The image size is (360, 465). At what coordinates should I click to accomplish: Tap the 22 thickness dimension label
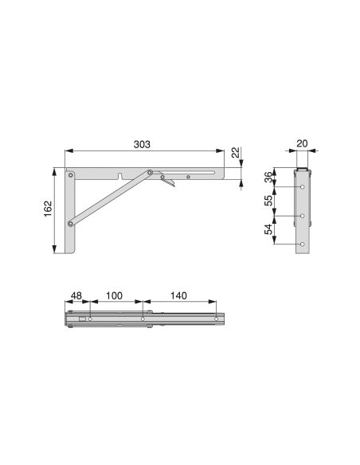236,152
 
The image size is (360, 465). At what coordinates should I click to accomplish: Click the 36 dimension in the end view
269,178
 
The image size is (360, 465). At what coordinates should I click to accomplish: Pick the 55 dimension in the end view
269,201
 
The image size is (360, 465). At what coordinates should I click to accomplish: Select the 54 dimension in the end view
269,231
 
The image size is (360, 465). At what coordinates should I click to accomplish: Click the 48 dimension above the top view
77,295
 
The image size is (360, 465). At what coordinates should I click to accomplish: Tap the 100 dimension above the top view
114,295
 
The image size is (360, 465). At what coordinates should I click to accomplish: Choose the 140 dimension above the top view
178,295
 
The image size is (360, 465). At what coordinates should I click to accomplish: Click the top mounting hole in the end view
303,187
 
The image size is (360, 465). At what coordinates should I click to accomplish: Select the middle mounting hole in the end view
303,216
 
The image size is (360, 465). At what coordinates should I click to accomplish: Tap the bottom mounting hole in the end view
303,244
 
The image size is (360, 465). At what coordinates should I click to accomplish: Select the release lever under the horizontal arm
166,183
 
